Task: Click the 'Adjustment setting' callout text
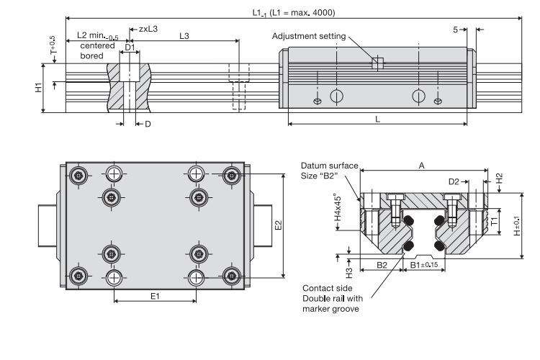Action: tap(308, 36)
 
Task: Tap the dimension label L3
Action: tap(184, 36)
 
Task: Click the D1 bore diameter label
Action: tap(130, 48)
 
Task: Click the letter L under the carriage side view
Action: tap(378, 118)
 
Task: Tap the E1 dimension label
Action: tap(153, 295)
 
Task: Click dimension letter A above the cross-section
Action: tap(421, 166)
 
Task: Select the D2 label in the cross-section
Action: tap(454, 181)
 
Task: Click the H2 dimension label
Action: tap(500, 179)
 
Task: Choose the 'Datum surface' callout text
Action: tap(329, 166)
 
